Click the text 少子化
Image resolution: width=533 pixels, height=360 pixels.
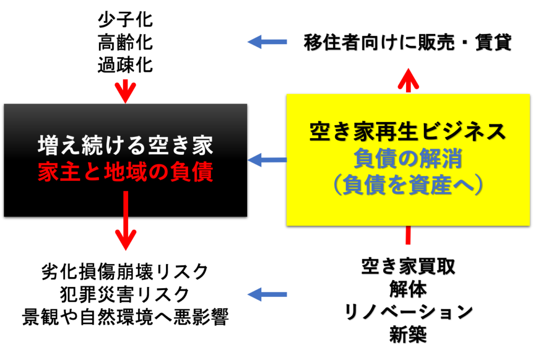125,20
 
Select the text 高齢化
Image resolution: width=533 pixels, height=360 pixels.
125,43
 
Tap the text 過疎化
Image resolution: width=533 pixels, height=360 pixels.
125,65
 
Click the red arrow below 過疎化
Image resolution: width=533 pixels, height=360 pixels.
125,91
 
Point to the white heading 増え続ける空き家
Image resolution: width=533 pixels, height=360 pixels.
125,145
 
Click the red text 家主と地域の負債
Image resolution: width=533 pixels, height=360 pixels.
125,172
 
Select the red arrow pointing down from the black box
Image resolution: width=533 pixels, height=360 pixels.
126,220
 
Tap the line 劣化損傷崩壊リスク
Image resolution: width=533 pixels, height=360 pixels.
125,272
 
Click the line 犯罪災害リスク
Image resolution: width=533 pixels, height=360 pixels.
125,294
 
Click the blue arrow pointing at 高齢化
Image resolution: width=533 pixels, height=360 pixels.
267,42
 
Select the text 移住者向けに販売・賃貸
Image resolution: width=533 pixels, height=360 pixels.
408,43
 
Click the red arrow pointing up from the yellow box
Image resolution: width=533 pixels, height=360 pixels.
408,80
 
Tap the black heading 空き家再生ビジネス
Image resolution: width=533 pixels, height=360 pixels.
408,131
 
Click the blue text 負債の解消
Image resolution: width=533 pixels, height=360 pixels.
408,158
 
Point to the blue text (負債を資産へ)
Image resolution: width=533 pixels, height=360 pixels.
408,185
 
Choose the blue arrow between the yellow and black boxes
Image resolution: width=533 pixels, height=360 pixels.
267,159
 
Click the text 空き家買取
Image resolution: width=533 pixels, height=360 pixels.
408,266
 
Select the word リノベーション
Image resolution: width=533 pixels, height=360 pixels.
408,312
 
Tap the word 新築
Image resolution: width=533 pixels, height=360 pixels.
408,334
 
